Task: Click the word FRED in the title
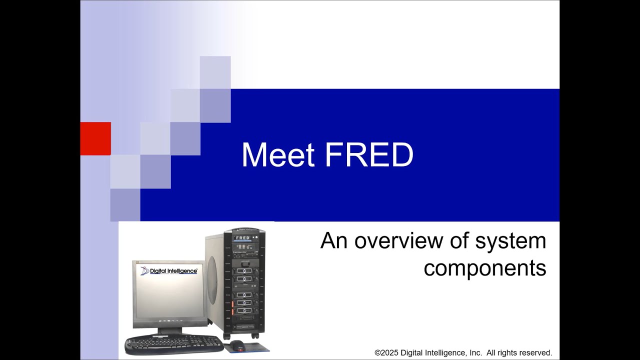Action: click(x=369, y=155)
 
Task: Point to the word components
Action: click(x=484, y=268)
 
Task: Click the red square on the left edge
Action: click(x=95, y=138)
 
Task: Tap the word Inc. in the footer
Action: click(x=475, y=352)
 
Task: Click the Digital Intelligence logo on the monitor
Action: click(x=169, y=271)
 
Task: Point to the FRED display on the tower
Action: click(x=242, y=238)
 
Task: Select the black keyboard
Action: click(x=173, y=344)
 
